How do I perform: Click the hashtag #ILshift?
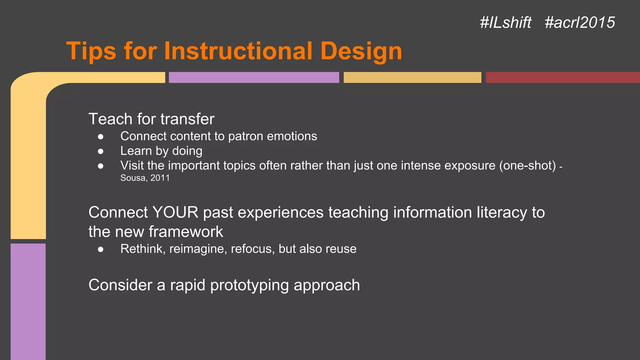coord(505,22)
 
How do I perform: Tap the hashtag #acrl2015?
coord(580,22)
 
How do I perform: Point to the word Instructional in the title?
coord(238,51)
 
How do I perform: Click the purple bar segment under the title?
coord(254,77)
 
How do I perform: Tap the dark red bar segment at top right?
coord(562,77)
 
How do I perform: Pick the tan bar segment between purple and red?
coord(412,77)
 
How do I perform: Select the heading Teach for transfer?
coord(151,119)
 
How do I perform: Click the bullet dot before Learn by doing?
coord(101,151)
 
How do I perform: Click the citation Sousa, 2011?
coord(145,178)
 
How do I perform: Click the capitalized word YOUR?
coord(175,212)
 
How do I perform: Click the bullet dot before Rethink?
coord(101,249)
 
